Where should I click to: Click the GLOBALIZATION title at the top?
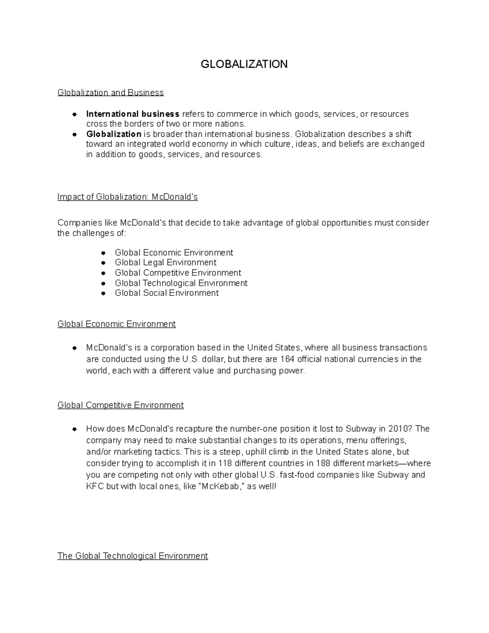[244, 64]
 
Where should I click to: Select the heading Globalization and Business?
[110, 93]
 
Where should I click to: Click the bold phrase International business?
[132, 114]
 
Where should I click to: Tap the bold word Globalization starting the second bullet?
[114, 134]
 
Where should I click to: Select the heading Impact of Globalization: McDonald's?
[128, 197]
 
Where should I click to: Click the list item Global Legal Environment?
[165, 262]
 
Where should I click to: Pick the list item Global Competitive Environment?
[178, 273]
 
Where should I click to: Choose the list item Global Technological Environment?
[181, 283]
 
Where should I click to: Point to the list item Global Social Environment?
[167, 293]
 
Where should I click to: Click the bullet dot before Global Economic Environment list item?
[104, 253]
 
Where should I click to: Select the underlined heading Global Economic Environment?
[117, 324]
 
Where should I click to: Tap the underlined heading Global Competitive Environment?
[121, 405]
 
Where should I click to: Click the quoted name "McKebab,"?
[220, 486]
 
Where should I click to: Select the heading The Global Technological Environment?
[133, 556]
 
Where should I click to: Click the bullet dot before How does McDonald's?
[75, 429]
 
